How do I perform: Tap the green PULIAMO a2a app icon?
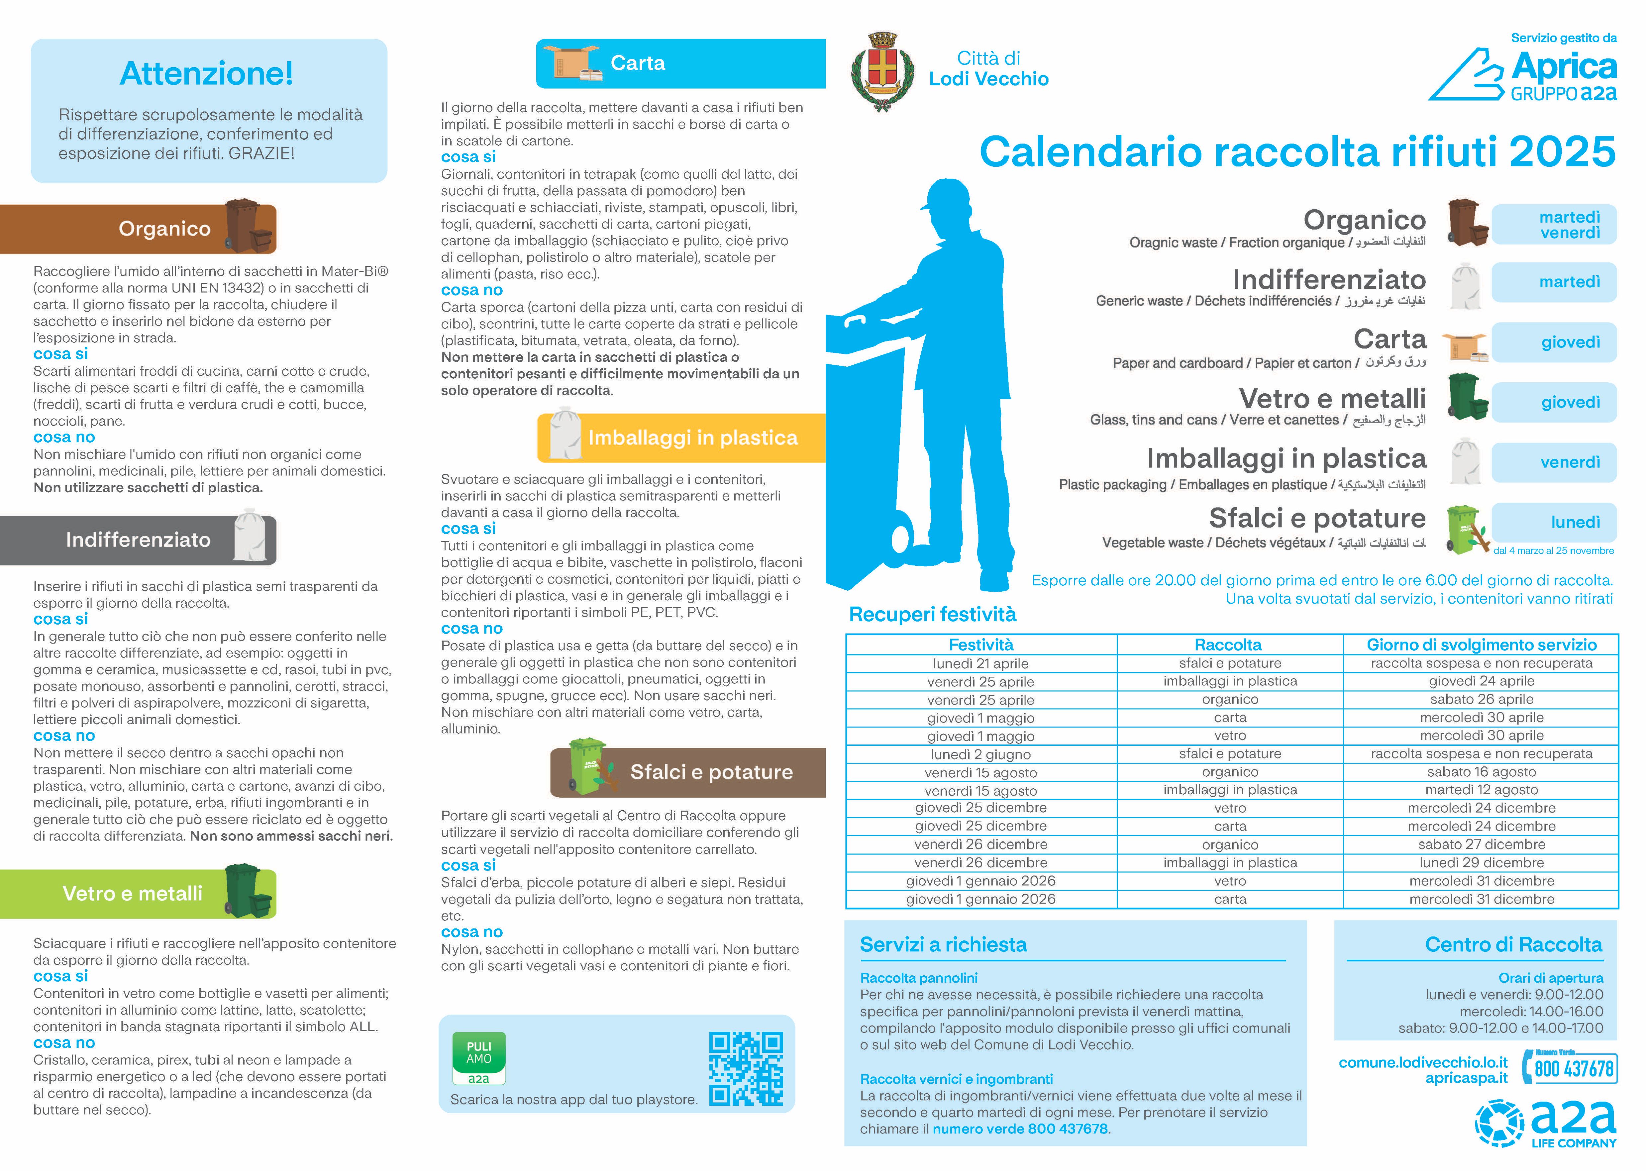[x=478, y=1058]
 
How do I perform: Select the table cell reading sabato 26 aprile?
[x=1481, y=699]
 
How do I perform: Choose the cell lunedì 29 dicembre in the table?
[x=1481, y=863]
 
